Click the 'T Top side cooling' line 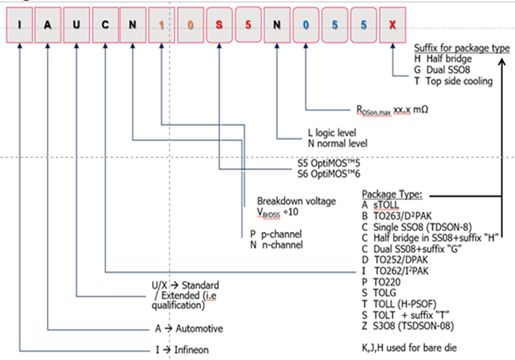click(459, 82)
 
